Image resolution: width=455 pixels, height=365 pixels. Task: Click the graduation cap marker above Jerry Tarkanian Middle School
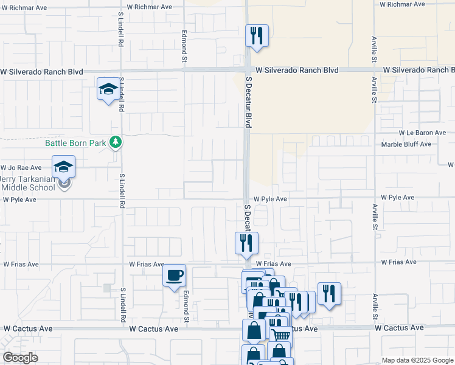click(63, 167)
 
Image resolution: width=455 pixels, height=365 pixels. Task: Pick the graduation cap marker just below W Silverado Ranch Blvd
click(108, 89)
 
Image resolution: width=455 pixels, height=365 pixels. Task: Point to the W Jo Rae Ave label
click(21, 167)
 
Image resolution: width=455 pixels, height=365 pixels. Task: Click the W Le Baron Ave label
click(422, 133)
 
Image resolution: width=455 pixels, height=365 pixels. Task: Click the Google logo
click(20, 358)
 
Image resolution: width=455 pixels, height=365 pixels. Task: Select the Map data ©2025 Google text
click(417, 360)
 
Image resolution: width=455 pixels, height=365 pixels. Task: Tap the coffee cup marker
click(174, 276)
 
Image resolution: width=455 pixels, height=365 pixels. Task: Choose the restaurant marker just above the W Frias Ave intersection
click(246, 243)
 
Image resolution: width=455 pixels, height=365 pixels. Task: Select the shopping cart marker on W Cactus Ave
click(280, 334)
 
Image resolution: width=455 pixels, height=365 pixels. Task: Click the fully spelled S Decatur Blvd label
click(248, 102)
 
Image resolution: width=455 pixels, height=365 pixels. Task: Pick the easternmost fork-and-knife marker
click(329, 293)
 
